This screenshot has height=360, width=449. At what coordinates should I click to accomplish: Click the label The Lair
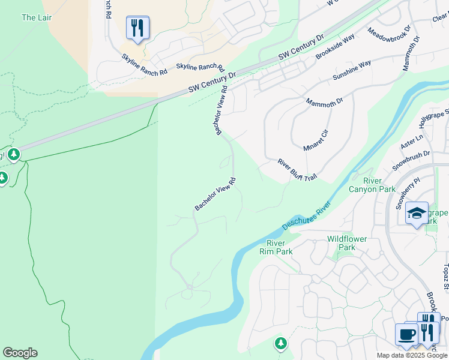[37, 17]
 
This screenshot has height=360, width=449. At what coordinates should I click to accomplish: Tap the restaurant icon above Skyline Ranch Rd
[137, 28]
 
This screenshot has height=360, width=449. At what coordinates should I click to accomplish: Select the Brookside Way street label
[335, 46]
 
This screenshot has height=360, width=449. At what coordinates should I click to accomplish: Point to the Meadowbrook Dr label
[389, 38]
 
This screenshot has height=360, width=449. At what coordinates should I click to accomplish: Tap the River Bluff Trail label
[297, 170]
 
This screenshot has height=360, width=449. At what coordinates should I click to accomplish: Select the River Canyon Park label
[372, 185]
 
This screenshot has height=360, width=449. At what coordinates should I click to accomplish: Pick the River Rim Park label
[280, 247]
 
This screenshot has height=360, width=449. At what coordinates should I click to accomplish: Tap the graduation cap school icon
[417, 214]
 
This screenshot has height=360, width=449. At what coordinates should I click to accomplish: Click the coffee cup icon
[406, 334]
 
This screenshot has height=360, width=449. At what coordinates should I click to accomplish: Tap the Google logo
[20, 353]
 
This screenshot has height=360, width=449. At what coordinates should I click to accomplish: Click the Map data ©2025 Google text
[411, 355]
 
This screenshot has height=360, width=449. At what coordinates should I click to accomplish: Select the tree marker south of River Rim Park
[280, 343]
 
